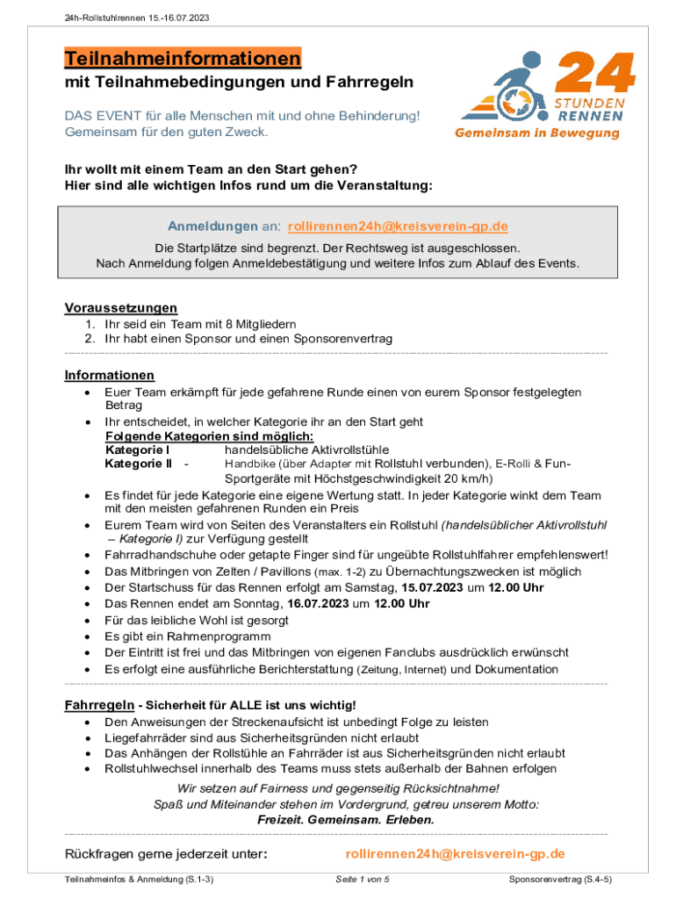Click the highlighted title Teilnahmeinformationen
coord(183,59)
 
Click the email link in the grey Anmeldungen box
coord(398,227)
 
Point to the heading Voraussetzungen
coord(121,307)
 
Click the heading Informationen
coord(109,375)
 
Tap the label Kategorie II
coord(138,463)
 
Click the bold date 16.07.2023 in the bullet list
coord(317,603)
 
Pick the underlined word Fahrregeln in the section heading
coord(99,705)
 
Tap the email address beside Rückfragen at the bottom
coord(455,853)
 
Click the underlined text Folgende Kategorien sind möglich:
coord(209,436)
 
